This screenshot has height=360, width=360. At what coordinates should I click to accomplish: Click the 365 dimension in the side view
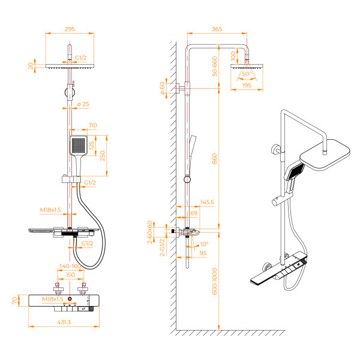[217, 28]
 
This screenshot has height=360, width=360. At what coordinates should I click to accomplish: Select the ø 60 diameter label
[162, 88]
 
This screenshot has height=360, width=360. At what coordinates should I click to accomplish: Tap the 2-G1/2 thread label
[161, 247]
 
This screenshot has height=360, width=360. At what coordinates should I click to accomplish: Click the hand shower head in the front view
[79, 145]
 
